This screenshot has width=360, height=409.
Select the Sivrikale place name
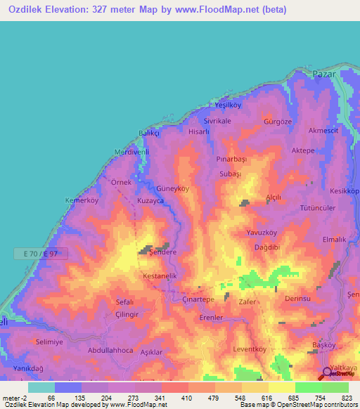(217, 121)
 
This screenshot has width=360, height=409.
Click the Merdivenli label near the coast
(132, 152)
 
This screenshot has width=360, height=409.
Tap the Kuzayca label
(151, 201)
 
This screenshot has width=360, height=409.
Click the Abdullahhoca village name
(111, 349)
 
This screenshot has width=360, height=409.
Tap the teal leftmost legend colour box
(41, 387)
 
